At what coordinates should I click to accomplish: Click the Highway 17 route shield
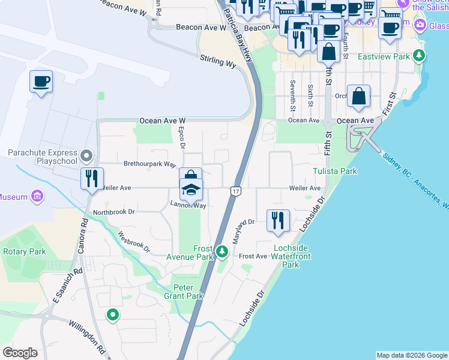coord(235,191)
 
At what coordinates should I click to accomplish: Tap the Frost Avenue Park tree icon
coord(222,251)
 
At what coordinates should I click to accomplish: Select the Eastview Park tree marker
coord(419,56)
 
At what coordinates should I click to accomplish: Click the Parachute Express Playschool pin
coord(87,157)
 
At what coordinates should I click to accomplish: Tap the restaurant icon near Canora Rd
coord(92,178)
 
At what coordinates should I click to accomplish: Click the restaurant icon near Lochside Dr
coord(278,220)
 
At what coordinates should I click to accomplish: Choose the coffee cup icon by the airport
coord(41,81)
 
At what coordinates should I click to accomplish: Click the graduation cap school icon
coord(191,190)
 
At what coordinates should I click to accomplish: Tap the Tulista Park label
coord(335,172)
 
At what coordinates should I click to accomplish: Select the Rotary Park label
coord(24,252)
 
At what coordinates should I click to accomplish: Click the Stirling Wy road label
coord(219,62)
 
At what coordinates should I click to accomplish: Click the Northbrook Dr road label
coord(113,212)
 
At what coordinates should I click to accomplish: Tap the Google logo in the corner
coord(20,353)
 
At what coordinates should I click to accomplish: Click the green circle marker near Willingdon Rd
coord(112,314)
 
